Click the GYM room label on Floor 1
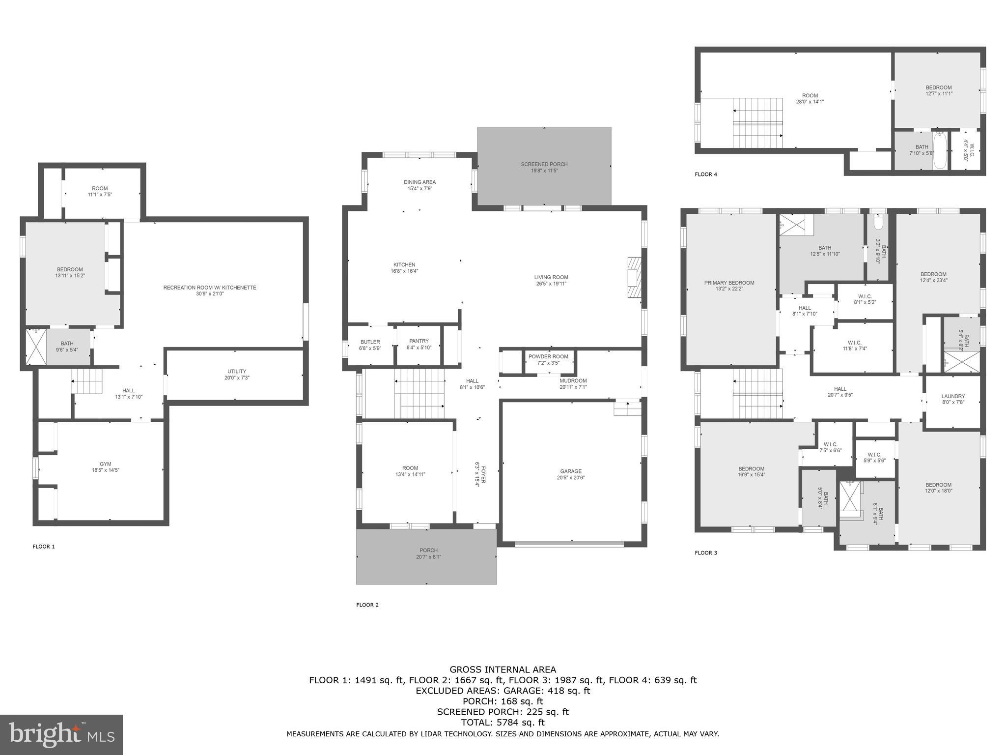tap(105, 464)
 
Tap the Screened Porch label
tap(544, 164)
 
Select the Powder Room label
tap(548, 356)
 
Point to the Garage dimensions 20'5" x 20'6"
tap(571, 478)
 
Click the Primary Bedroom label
tap(729, 283)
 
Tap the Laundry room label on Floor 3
tap(953, 396)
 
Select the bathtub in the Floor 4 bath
tap(939, 150)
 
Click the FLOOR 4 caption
tap(706, 174)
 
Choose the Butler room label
tap(370, 342)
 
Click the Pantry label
tap(419, 341)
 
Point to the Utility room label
tap(237, 371)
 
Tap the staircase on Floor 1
tap(87, 381)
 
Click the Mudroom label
tap(573, 380)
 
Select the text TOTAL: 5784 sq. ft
tap(503, 722)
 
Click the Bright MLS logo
tap(61, 734)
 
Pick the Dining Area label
tap(419, 182)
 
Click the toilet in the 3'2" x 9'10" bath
tap(878, 224)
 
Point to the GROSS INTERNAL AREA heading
tap(503, 669)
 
